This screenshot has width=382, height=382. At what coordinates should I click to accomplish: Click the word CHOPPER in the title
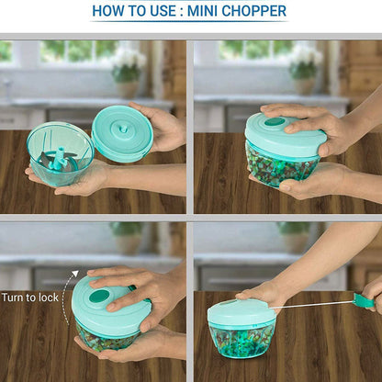(x=253, y=11)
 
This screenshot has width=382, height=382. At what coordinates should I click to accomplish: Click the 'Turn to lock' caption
(x=29, y=298)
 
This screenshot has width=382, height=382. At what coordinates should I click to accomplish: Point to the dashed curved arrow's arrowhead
(x=75, y=274)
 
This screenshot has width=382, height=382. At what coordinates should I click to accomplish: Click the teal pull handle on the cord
(x=364, y=300)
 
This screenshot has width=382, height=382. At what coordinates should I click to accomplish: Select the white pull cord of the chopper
(x=311, y=305)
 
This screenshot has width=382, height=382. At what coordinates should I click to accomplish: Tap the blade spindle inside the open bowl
(x=58, y=158)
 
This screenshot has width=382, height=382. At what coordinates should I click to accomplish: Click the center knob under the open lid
(x=123, y=128)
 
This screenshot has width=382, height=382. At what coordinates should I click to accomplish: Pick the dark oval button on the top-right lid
(x=275, y=122)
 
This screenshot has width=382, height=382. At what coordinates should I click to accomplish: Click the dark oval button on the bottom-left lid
(x=99, y=296)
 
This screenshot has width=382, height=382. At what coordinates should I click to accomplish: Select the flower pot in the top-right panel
(x=304, y=86)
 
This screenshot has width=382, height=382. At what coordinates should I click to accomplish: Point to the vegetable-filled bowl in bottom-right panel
(x=242, y=340)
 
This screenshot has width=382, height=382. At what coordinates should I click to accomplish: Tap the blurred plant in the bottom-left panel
(x=127, y=237)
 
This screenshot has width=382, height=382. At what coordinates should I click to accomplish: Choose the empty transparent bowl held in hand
(x=61, y=154)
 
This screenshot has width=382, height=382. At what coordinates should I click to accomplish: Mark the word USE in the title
(x=164, y=11)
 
